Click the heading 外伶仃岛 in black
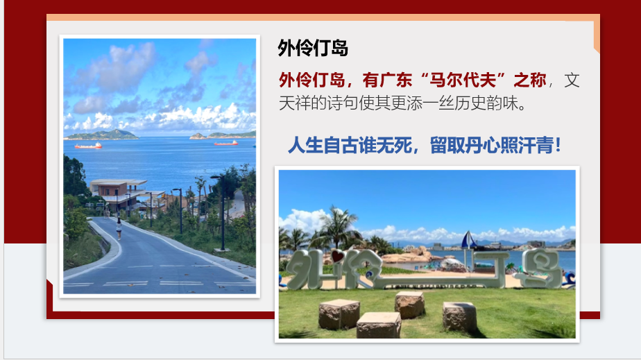[x=313, y=49]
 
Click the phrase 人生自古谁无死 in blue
[x=350, y=145]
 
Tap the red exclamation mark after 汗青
[x=558, y=145]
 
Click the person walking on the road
[x=119, y=229]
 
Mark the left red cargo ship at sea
[x=88, y=146]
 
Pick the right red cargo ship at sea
[x=225, y=143]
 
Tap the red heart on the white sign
[x=338, y=257]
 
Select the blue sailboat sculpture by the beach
[x=468, y=240]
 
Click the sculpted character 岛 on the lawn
[x=539, y=268]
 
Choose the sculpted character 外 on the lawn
[x=307, y=269]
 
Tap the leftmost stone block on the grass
[x=339, y=314]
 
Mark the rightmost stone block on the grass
[x=459, y=316]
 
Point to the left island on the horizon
[x=101, y=135]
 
